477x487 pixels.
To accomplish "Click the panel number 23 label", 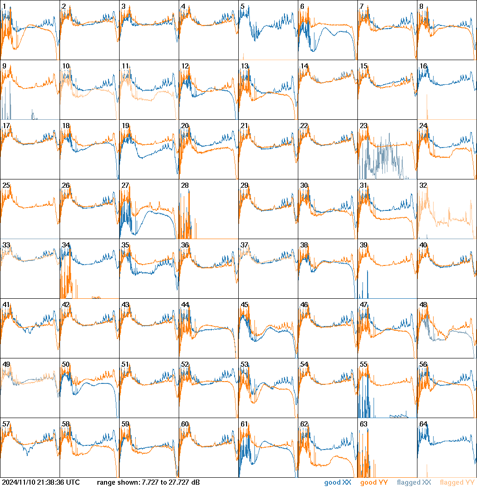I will coord(363,126).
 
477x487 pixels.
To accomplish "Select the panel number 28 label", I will coord(185,185).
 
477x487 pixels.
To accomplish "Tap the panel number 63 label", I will coord(363,424).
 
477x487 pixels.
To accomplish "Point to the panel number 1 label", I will coord(4,6).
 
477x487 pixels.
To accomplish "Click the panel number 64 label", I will coord(423,424).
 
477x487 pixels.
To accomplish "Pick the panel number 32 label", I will coord(423,185).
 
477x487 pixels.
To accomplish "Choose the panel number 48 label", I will coord(423,305).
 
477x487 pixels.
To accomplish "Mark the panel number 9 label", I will coord(4,66).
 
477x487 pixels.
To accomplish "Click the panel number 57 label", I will coord(6,424).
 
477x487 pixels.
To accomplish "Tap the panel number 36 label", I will coord(185,245).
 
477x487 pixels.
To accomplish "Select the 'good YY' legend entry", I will coord(374,483).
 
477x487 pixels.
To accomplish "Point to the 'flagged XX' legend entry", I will coord(414,483).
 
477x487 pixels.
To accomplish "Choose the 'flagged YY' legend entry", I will coord(457,483).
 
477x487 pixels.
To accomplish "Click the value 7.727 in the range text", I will coord(149,483).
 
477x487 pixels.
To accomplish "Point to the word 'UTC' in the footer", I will coord(73,483).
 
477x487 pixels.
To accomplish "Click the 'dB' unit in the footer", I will coord(196,483).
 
